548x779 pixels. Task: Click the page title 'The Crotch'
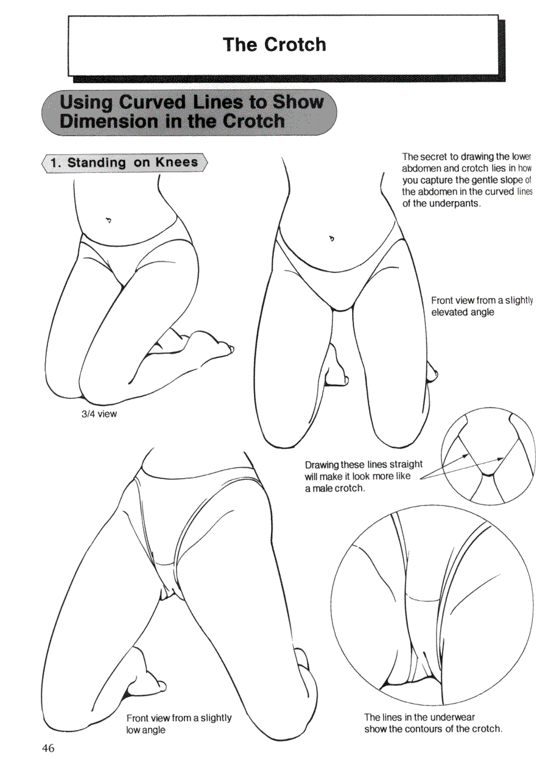[x=275, y=44]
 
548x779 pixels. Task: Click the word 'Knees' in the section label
[x=177, y=162]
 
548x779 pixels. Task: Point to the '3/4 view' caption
[x=99, y=414]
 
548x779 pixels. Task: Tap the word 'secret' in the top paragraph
[x=432, y=157]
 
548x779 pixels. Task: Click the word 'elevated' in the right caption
[x=447, y=312]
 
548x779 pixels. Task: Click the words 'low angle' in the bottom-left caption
[x=146, y=730]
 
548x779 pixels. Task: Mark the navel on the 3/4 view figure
[x=109, y=220]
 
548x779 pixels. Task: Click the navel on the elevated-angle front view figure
[x=332, y=239]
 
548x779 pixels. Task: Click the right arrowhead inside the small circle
[x=500, y=459]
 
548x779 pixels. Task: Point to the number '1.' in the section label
[x=55, y=163]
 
